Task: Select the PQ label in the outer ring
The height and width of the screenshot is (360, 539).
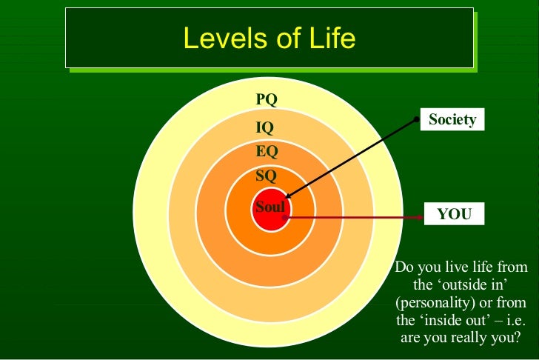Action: click(267, 100)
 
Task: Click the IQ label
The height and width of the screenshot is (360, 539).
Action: click(265, 127)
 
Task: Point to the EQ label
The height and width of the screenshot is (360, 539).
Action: click(267, 152)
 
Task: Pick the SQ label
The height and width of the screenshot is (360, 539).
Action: click(266, 176)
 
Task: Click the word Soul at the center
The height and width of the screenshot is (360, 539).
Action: click(269, 207)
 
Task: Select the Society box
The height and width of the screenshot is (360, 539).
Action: click(452, 119)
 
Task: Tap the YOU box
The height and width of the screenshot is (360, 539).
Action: click(454, 214)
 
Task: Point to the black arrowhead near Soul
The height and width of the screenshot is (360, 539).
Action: click(287, 196)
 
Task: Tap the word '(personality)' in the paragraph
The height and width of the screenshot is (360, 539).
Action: click(430, 303)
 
